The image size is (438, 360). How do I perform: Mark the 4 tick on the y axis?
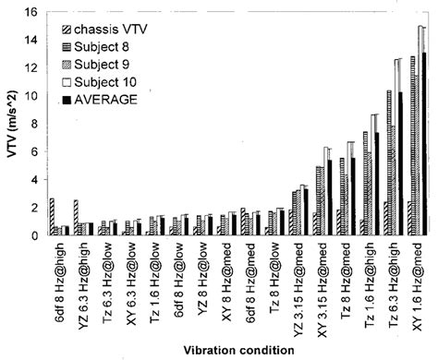pyautogui.click(x=32, y=180)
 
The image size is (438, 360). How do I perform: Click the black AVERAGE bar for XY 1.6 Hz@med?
pyautogui.click(x=424, y=144)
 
